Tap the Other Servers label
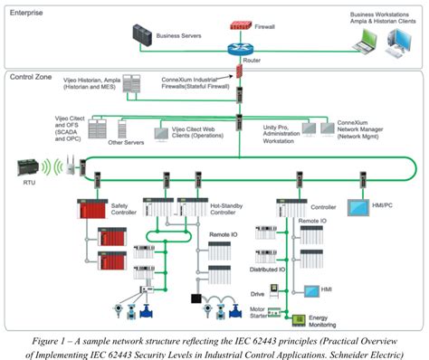(x=124, y=143)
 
